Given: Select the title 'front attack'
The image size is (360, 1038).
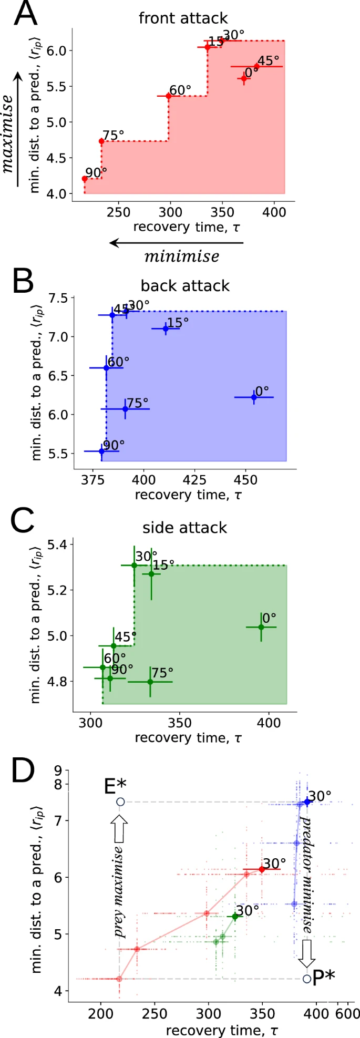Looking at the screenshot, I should pyautogui.click(x=183, y=18).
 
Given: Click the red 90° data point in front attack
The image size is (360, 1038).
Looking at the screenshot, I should pyautogui.click(x=85, y=179).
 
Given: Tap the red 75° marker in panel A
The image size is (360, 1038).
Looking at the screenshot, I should pyautogui.click(x=101, y=141).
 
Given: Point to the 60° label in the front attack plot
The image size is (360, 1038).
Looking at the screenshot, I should pyautogui.click(x=180, y=90).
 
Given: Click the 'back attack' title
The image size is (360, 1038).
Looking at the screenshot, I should pyautogui.click(x=185, y=286).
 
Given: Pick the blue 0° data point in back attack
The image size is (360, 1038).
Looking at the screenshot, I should pyautogui.click(x=254, y=397).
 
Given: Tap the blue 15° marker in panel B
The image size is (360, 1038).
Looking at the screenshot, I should pyautogui.click(x=166, y=328).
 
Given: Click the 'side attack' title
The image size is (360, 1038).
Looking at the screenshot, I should pyautogui.click(x=185, y=528).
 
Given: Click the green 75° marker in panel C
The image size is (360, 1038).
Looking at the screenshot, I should pyautogui.click(x=150, y=682).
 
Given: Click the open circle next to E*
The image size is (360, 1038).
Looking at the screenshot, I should pyautogui.click(x=120, y=801).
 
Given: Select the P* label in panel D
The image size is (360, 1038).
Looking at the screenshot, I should pyautogui.click(x=323, y=979).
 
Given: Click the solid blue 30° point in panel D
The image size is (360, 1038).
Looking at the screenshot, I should pyautogui.click(x=307, y=801).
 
